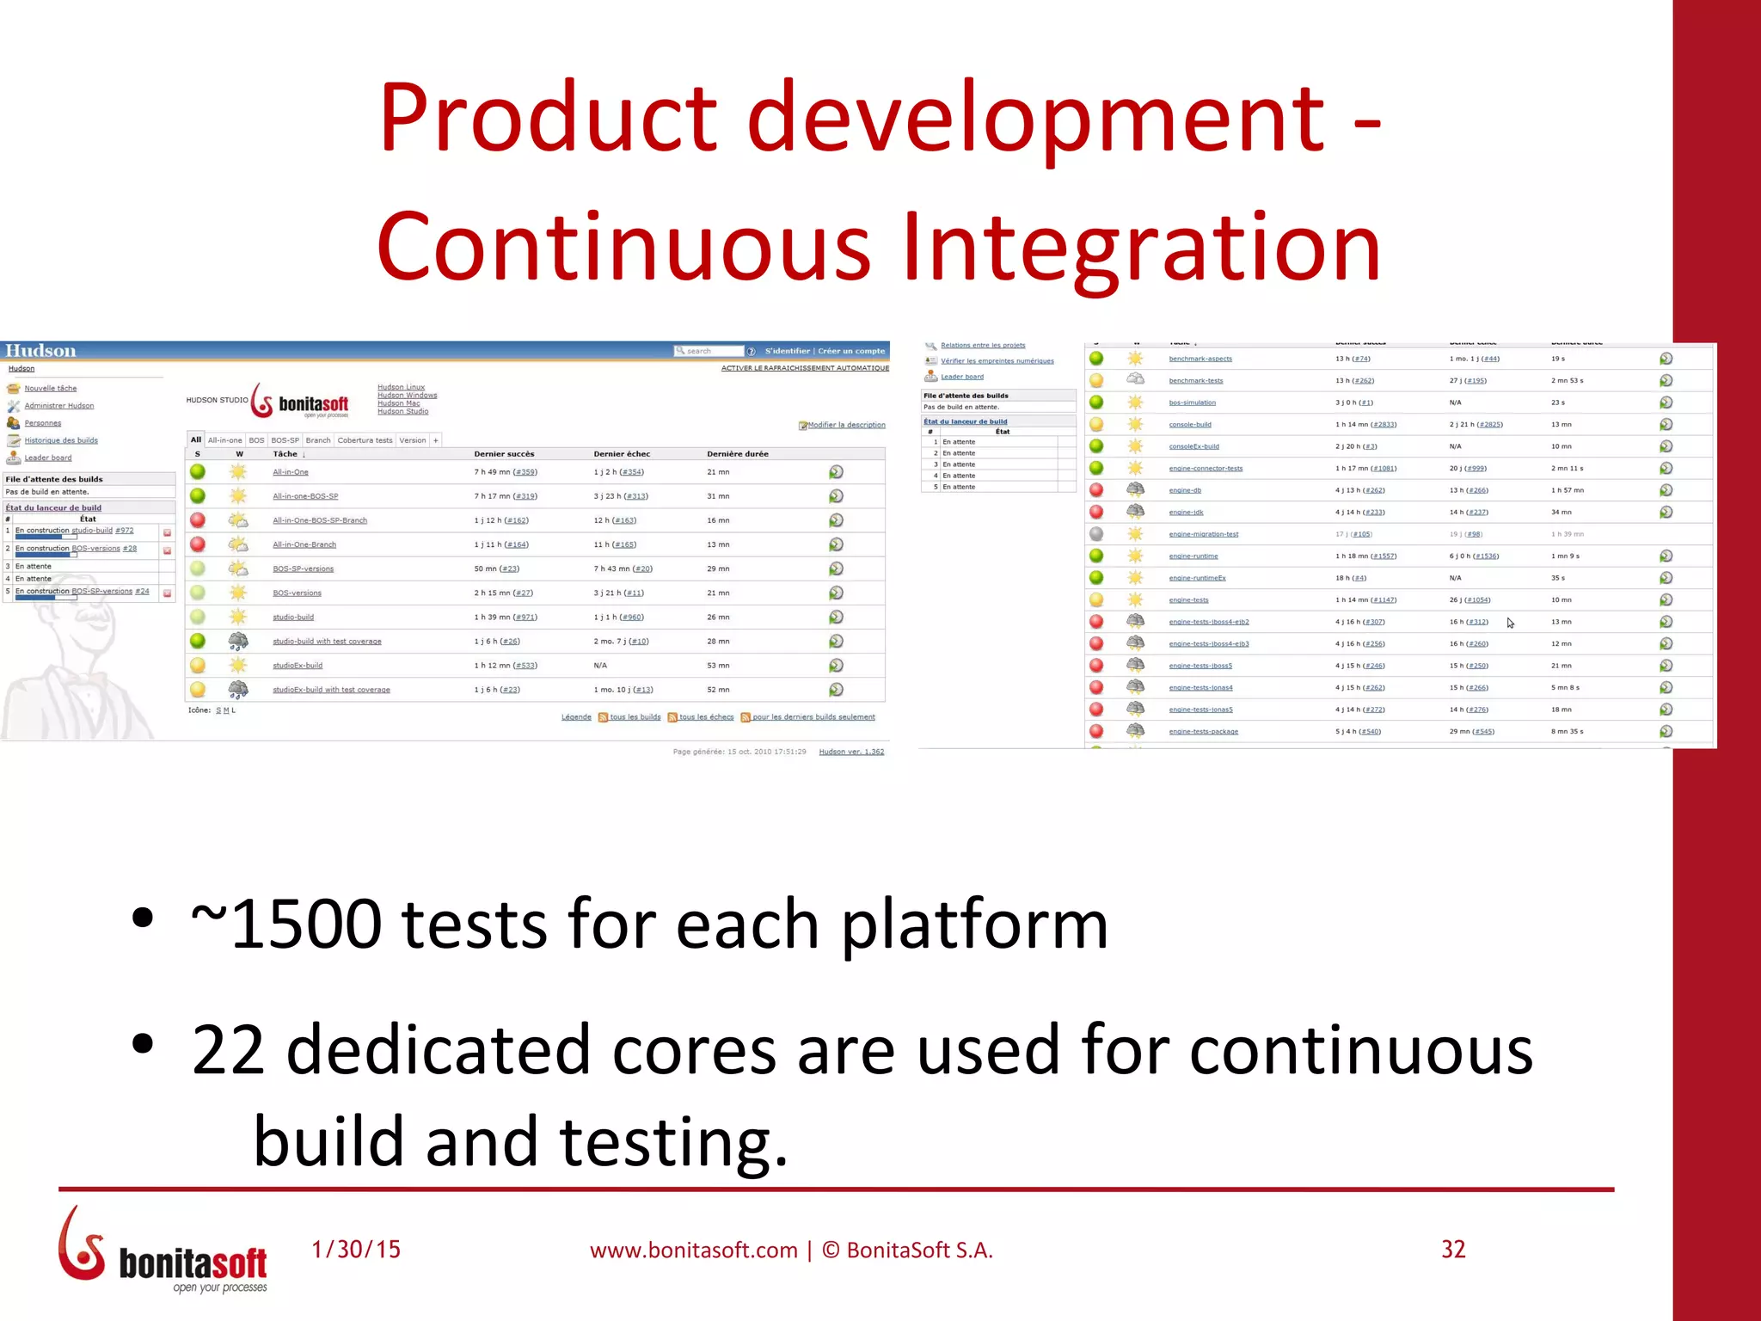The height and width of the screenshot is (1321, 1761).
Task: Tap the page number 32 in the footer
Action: (1452, 1249)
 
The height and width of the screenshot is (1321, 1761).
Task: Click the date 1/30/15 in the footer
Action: (356, 1249)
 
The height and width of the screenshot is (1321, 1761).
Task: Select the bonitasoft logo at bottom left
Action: (163, 1251)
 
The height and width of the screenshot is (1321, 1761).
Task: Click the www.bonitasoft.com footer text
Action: (693, 1250)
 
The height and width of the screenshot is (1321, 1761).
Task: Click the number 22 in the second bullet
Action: (228, 1050)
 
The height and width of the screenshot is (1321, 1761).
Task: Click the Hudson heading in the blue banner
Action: (40, 351)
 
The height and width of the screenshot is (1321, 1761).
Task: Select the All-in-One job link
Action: (290, 472)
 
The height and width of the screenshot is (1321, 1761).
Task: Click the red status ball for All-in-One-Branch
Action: (198, 544)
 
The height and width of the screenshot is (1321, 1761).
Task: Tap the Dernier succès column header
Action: (504, 454)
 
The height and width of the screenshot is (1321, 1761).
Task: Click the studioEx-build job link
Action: (298, 666)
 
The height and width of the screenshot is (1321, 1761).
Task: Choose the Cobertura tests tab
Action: (365, 440)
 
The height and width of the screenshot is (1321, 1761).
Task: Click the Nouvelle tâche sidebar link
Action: (50, 389)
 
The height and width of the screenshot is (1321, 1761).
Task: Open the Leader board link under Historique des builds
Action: (48, 458)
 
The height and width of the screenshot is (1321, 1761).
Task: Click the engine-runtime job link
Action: (1193, 556)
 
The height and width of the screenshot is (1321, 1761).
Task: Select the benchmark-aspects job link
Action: (1200, 359)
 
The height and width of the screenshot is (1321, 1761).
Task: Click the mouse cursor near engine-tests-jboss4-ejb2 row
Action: (1510, 623)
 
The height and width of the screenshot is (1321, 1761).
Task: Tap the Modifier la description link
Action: (845, 425)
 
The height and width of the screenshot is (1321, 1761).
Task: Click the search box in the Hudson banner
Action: (709, 351)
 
